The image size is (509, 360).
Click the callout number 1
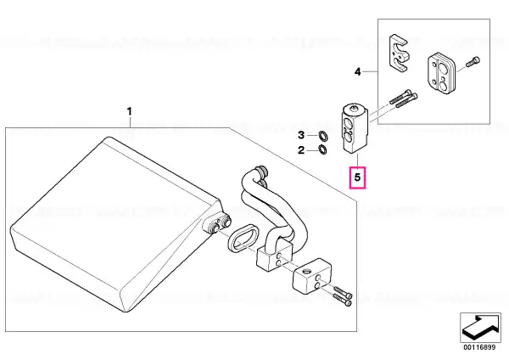(x=130, y=111)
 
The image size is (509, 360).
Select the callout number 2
(x=301, y=150)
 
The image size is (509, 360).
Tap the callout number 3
(x=301, y=135)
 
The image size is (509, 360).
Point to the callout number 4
(x=357, y=71)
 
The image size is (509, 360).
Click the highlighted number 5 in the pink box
(x=357, y=177)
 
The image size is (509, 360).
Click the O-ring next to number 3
(x=322, y=135)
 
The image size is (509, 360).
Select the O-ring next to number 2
(x=322, y=149)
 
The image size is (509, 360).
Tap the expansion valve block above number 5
(x=355, y=127)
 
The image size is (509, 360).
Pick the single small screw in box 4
(x=473, y=62)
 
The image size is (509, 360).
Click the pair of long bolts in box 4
(x=403, y=97)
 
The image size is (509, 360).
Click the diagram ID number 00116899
(x=479, y=347)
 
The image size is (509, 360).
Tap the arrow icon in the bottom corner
(x=480, y=327)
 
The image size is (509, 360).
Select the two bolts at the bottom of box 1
(x=342, y=295)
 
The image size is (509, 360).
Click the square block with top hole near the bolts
(x=312, y=275)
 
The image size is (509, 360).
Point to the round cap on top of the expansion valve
(x=355, y=109)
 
